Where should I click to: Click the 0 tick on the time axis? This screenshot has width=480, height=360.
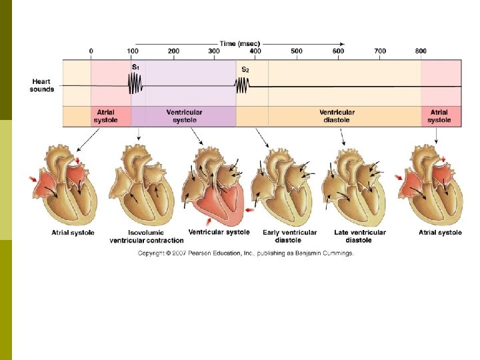point(91,51)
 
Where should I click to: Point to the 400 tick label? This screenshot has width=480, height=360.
point(256,51)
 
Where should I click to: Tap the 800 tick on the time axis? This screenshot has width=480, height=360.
point(421,51)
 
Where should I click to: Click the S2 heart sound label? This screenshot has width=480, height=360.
point(245,69)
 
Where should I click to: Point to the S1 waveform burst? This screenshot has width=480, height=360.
point(136,85)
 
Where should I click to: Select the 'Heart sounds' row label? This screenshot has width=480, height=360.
point(42,85)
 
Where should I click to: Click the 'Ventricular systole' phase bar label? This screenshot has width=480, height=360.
point(185,116)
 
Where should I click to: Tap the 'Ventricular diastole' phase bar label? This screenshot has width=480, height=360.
point(337,116)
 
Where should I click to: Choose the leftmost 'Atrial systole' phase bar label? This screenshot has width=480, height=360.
point(105,116)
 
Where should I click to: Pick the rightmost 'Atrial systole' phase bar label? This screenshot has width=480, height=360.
point(439,116)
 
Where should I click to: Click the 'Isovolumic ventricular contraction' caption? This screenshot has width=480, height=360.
point(147,236)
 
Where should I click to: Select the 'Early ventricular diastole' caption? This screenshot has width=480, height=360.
point(290,236)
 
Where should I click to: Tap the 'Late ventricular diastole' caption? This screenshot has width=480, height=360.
point(360,236)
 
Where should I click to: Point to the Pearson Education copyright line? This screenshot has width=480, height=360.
point(246,253)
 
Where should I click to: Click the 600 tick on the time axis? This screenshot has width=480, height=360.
point(339,51)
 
